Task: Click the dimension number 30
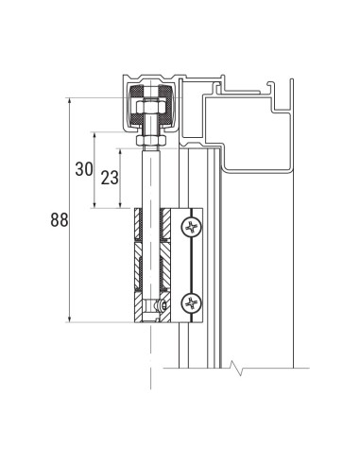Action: pyautogui.click(x=84, y=169)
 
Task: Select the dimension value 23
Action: pyautogui.click(x=110, y=177)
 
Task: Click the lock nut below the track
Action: pyautogui.click(x=149, y=141)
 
